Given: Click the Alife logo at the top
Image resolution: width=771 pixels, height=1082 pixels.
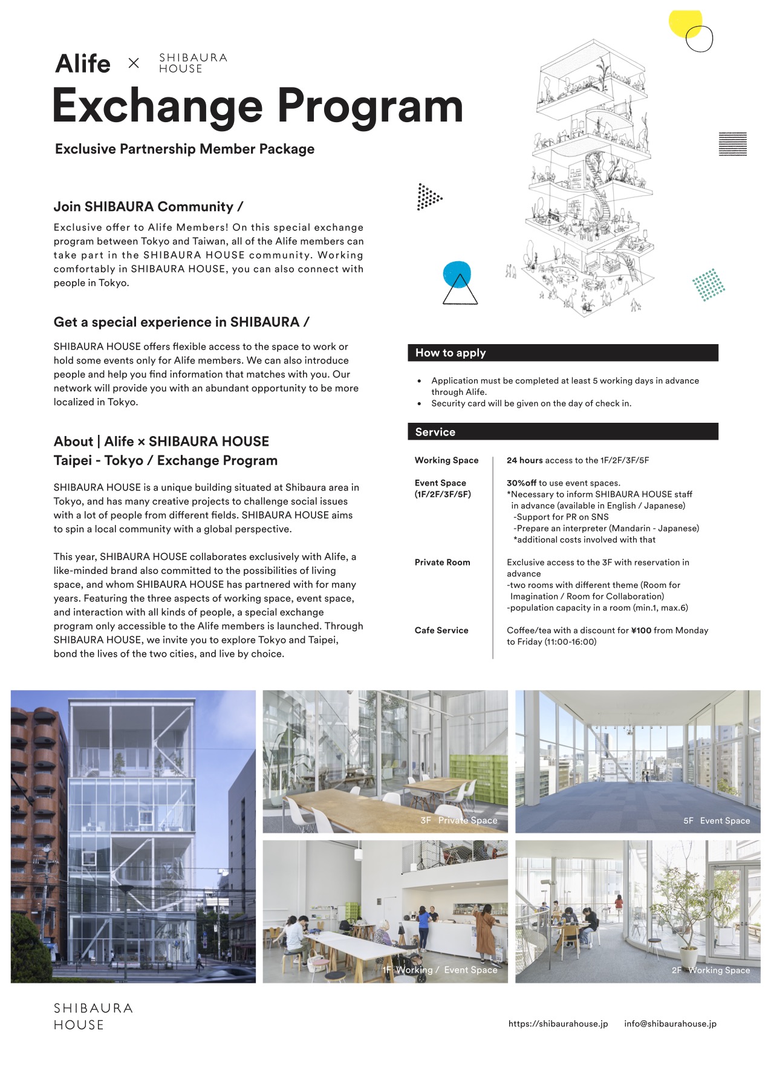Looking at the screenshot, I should tap(83, 64).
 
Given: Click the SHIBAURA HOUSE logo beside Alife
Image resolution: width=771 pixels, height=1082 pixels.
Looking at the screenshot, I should tap(193, 63).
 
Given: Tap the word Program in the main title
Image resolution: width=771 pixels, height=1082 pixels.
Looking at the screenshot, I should tap(370, 106).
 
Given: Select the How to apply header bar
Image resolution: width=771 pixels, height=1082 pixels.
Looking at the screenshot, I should tap(562, 353).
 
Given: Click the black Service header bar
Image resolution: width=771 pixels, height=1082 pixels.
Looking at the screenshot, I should tap(562, 431).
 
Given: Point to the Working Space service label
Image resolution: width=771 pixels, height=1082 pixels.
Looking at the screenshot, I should tap(446, 460).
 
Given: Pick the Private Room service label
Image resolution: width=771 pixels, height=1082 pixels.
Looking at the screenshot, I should tap(442, 562).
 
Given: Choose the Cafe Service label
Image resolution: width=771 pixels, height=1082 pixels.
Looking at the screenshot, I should tap(441, 630).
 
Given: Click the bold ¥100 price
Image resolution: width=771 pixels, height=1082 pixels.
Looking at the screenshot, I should tap(641, 630).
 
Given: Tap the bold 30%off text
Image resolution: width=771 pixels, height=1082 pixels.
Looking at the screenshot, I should tap(521, 483).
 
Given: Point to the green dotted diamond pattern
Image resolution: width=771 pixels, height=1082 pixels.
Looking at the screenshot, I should tap(708, 285).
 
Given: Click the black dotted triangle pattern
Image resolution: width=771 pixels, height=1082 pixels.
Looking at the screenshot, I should tap(428, 197).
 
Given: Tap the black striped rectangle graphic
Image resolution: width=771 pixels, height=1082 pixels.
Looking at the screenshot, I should tap(732, 144).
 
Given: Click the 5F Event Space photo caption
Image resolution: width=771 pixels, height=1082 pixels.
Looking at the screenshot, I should tap(716, 821).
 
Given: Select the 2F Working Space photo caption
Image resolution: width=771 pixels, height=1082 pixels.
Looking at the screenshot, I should tap(711, 970).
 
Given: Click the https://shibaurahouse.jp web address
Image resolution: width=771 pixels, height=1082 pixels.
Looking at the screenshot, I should tap(558, 1024).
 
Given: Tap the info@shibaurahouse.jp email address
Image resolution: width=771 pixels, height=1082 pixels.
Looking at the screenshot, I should tap(670, 1024).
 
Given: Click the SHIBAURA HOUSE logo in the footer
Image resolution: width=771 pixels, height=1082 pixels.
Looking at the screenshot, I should tap(93, 1016).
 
